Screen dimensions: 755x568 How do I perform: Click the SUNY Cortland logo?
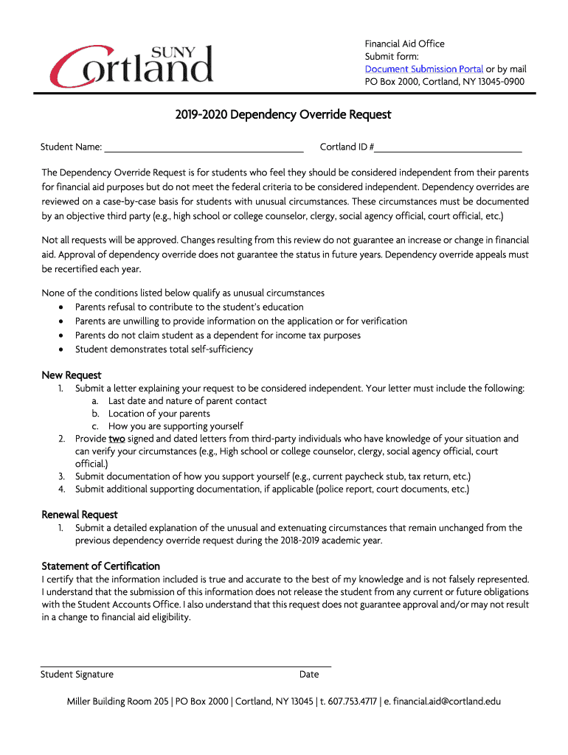(x=131, y=64)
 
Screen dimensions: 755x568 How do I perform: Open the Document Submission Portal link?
(x=424, y=69)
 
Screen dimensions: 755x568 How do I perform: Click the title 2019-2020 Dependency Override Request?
(x=283, y=115)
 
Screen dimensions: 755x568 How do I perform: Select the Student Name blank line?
(x=204, y=147)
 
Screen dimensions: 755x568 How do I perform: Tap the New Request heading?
(x=72, y=375)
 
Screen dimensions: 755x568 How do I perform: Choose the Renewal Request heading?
(x=80, y=515)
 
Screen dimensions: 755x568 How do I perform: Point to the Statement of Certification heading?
(x=100, y=566)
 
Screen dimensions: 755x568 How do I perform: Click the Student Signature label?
(x=77, y=675)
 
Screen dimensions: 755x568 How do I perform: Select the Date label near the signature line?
(x=309, y=675)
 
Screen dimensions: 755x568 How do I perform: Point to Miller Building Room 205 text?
(x=117, y=701)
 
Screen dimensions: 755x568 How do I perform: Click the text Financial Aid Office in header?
(x=405, y=44)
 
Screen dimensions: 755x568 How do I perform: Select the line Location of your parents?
(x=159, y=414)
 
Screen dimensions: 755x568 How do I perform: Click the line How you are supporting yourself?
(x=176, y=426)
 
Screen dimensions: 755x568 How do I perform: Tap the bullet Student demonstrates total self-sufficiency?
(x=164, y=349)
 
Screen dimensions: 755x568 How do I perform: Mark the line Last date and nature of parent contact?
(x=187, y=401)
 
